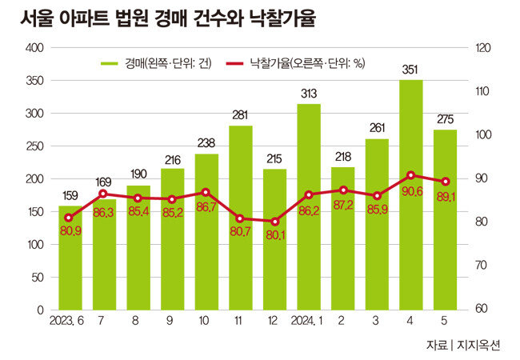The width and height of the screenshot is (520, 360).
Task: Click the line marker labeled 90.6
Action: pos(411,174)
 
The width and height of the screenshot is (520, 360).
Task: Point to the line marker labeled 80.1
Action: pos(274,222)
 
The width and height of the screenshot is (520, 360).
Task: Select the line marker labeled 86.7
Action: pos(206,192)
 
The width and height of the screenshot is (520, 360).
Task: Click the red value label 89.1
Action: pos(446,197)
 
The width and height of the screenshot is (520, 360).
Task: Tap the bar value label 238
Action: pos(206,144)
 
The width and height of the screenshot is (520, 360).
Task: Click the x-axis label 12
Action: pos(274,322)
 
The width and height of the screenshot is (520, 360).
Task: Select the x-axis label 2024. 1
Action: pos(308,322)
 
